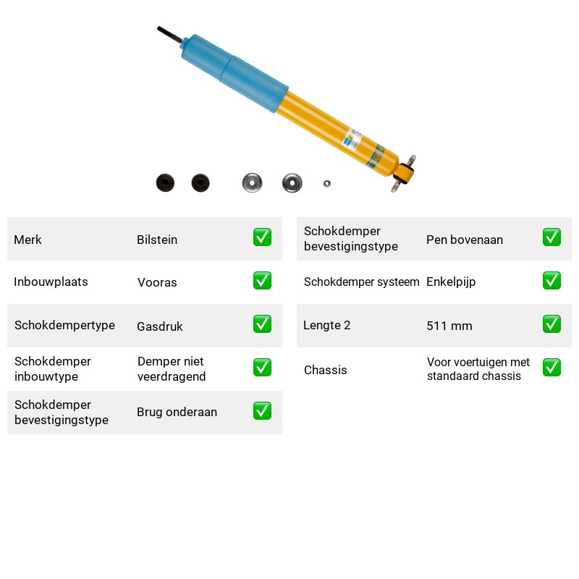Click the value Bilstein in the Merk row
(157, 240)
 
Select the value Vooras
(157, 282)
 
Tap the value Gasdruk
(159, 326)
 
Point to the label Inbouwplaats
(51, 282)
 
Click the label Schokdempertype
(64, 325)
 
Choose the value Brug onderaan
(177, 412)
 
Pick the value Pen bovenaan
(465, 240)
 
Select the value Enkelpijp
(451, 282)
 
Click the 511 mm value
(449, 326)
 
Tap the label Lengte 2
(327, 325)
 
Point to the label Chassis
(325, 370)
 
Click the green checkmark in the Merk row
(262, 237)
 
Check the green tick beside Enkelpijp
(551, 281)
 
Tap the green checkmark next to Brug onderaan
(262, 411)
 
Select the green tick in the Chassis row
(551, 368)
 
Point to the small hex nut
(327, 183)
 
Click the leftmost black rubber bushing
(165, 183)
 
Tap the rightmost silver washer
(292, 183)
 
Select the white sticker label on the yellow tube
(352, 139)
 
